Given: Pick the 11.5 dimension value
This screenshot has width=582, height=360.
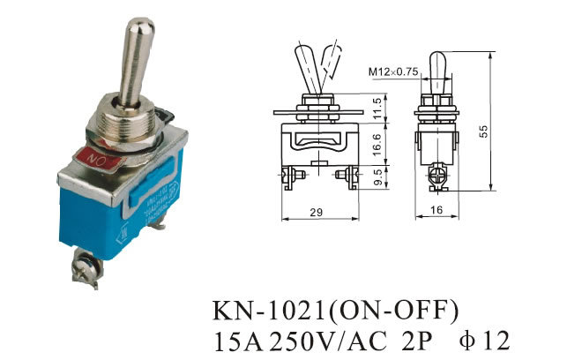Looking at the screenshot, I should (x=377, y=107).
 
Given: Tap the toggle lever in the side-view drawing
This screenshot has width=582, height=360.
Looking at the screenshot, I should (x=438, y=69).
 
